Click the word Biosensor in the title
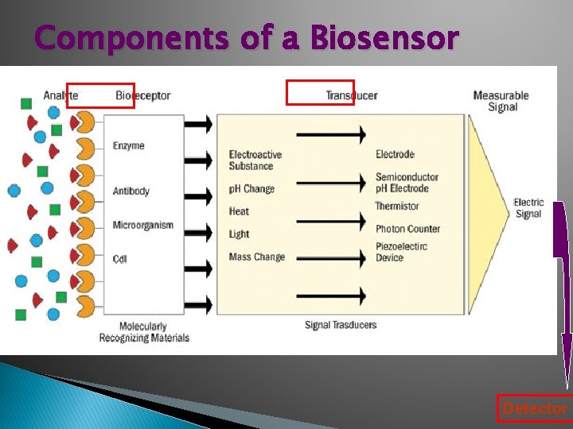pos(384,37)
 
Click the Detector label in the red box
pos(535,408)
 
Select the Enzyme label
pos(129,146)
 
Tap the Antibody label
pos(131,191)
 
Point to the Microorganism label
pos(142,226)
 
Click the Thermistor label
pos(397,207)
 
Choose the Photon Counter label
pos(407,229)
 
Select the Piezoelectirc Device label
pos(401,252)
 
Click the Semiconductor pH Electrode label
pos(407,183)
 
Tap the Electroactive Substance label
pos(255,160)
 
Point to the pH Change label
pos(251,189)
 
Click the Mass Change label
pos(256,257)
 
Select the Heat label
pos(239,211)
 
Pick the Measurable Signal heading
pos(501,101)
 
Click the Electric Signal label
pos(528,208)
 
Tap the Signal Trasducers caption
pos(341,325)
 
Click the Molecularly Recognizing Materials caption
pos(144,332)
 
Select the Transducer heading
pos(351,95)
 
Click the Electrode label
pos(395,154)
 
